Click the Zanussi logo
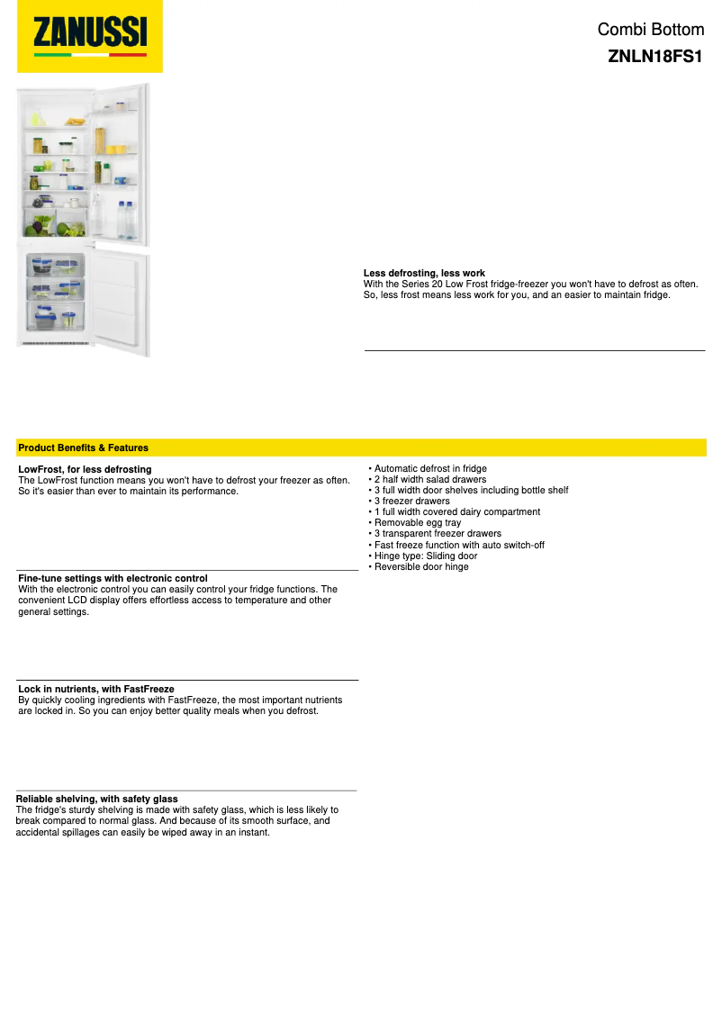tap(90, 36)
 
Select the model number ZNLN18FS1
tap(654, 56)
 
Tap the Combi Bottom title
tap(650, 30)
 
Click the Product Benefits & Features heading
tap(83, 447)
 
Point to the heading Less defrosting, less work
tap(424, 273)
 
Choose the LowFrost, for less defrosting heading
tap(85, 469)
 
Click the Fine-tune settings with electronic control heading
tap(113, 578)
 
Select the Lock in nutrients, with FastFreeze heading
tap(96, 689)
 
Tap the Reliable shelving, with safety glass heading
tap(97, 799)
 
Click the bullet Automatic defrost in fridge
tap(429, 469)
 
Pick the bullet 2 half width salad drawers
tap(429, 480)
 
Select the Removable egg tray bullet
tap(417, 523)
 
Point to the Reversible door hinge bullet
tap(420, 567)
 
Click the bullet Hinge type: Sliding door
tap(425, 556)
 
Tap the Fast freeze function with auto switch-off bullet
tap(458, 546)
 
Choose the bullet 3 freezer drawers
tap(411, 501)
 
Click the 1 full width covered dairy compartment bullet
tap(456, 512)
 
